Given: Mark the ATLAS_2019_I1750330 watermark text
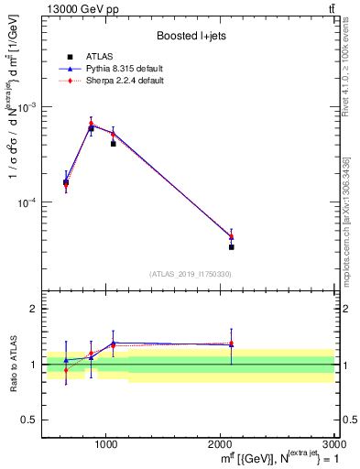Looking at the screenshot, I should click(191, 274).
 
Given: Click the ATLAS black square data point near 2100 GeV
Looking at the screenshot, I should click(231, 246).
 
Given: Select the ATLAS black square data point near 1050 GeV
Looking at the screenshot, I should click(113, 144).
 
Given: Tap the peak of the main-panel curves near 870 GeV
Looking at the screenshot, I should click(91, 124).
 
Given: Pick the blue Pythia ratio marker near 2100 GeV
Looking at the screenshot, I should click(231, 345).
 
